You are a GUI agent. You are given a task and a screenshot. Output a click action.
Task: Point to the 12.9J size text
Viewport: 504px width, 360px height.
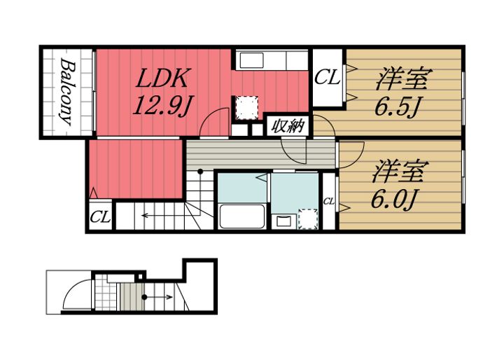pyautogui.click(x=163, y=104)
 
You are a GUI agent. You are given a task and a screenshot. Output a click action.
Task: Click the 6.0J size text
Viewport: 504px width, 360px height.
pyautogui.click(x=394, y=199)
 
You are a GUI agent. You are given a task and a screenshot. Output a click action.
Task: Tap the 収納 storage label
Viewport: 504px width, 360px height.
pyautogui.click(x=287, y=127)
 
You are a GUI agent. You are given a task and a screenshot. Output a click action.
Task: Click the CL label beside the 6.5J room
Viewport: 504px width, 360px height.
pyautogui.click(x=327, y=77)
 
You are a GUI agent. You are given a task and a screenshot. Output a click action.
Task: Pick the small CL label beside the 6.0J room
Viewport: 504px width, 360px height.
pyautogui.click(x=329, y=202)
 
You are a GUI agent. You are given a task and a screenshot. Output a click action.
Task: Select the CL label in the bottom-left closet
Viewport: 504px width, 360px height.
pyautogui.click(x=101, y=216)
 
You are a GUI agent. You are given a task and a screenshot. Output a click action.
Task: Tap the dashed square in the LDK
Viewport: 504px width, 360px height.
pyautogui.click(x=245, y=107)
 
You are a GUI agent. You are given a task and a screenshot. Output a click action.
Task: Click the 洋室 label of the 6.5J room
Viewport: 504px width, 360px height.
pyautogui.click(x=401, y=78)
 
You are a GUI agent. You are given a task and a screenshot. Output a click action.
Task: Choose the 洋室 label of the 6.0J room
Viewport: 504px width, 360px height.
pyautogui.click(x=399, y=170)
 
